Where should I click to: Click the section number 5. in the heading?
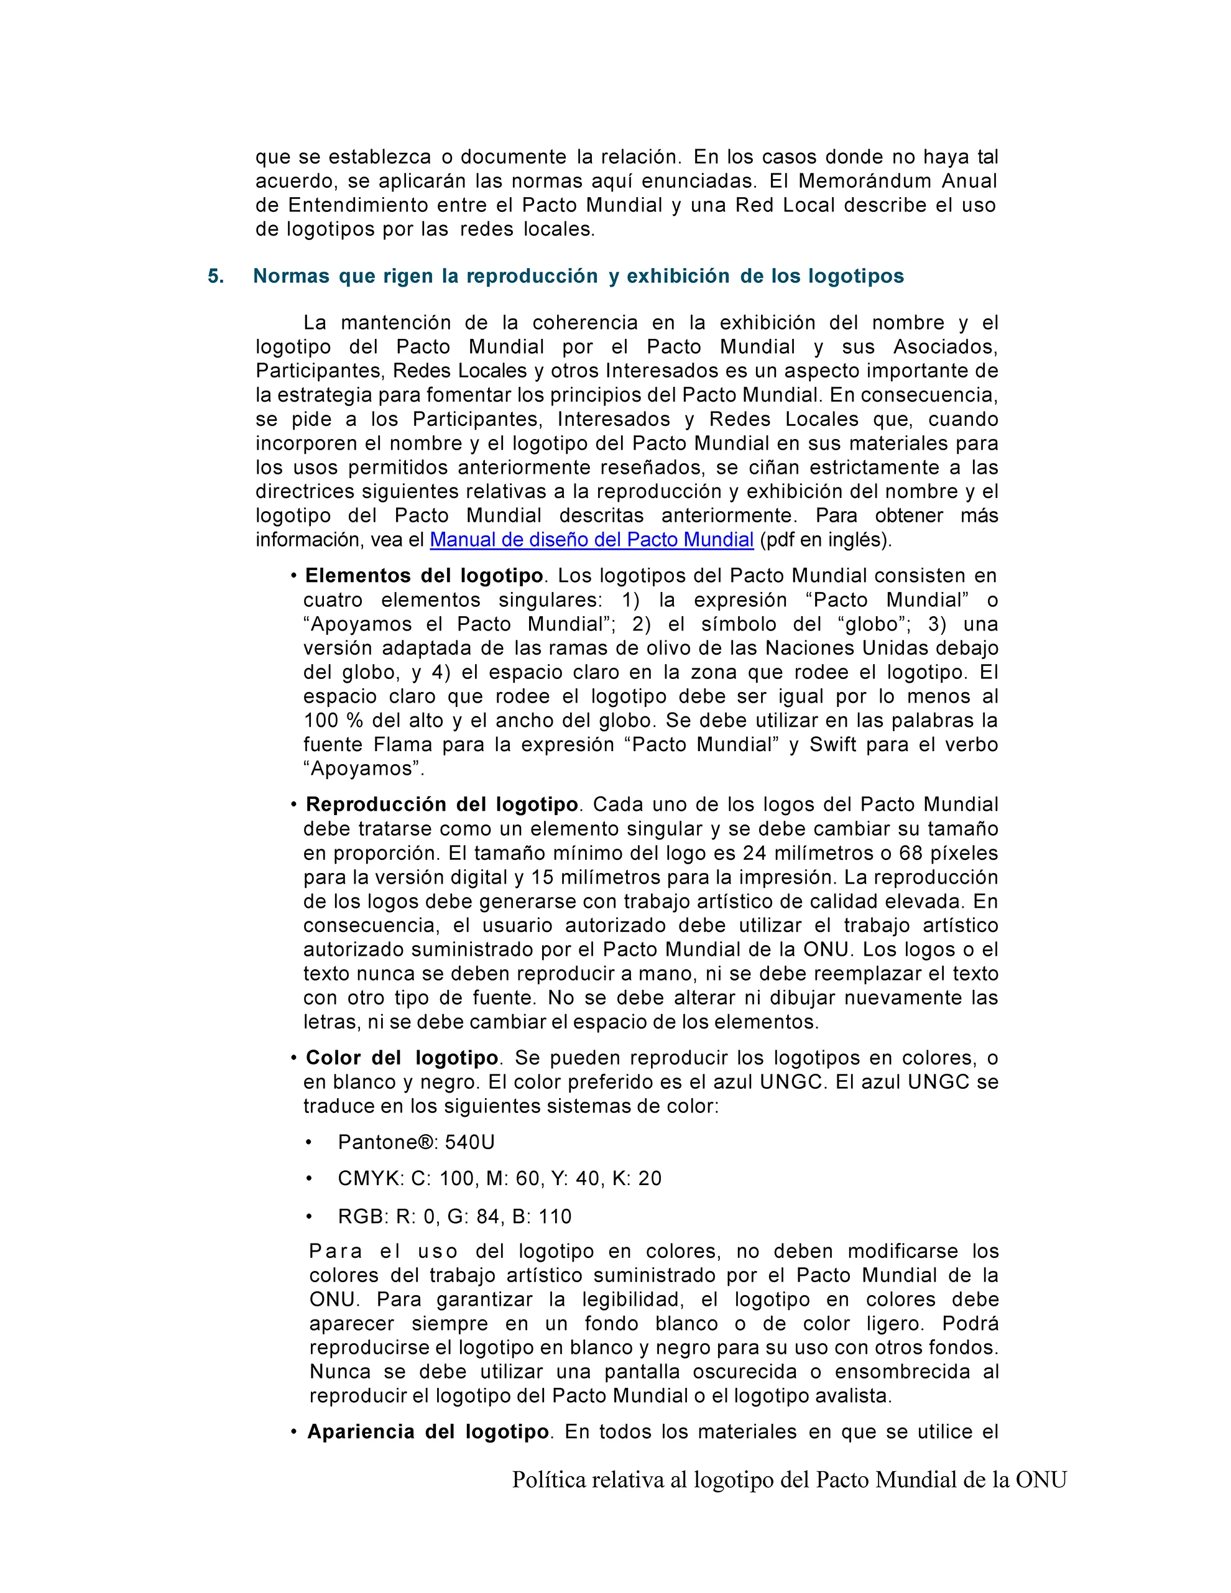click(216, 277)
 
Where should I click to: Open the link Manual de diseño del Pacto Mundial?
click(591, 540)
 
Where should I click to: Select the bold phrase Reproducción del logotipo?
click(442, 805)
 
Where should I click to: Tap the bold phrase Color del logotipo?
click(402, 1058)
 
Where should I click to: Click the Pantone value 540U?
click(469, 1142)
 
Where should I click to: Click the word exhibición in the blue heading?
click(678, 277)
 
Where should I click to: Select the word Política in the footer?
click(548, 1480)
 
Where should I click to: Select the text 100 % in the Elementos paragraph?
click(333, 721)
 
